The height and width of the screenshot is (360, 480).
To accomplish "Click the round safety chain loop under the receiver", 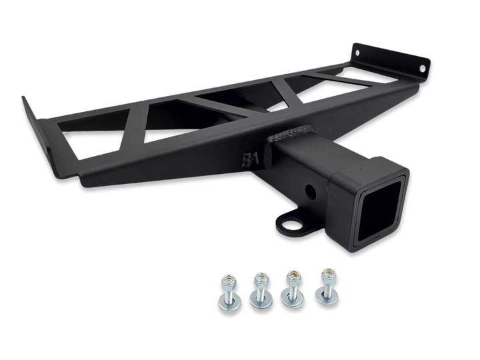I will click(291, 221).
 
